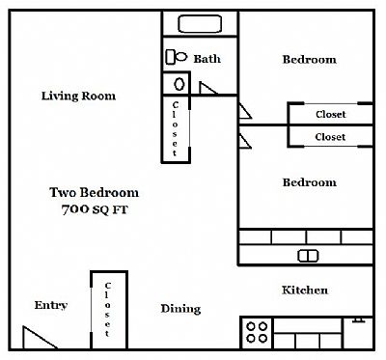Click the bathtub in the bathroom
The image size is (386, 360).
coord(200,24)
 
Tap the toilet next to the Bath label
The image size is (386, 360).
coord(177,57)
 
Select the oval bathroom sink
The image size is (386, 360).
coord(179,84)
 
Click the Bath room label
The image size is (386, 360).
coord(207,59)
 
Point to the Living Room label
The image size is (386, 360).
coord(78,96)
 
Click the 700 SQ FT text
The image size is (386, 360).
coord(95,209)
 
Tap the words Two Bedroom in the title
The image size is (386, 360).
coord(94,192)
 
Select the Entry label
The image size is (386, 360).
coord(51,305)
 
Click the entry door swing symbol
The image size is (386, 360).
coord(40,338)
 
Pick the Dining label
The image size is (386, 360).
coord(180,309)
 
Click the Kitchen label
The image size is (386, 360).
coord(305,290)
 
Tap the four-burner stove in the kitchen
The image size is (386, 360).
coord(257,333)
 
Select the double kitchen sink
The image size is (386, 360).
coord(308,256)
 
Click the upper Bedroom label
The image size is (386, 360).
coord(310,59)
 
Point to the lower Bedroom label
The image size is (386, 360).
coord(310,182)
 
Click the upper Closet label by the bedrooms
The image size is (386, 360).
coord(331,114)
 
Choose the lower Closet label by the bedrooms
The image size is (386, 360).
coord(330,137)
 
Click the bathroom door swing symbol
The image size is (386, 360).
coord(208,88)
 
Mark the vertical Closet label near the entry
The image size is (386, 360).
coord(107,310)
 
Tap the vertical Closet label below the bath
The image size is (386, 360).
coord(176,128)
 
